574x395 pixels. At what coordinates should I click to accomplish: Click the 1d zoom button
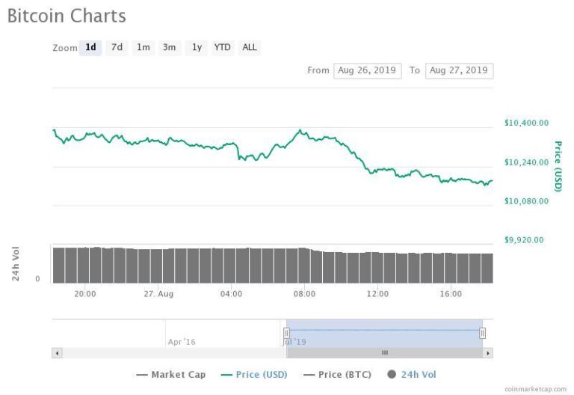tap(90, 48)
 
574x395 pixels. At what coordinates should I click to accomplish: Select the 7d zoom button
tap(117, 48)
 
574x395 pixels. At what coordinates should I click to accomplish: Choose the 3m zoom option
tap(170, 48)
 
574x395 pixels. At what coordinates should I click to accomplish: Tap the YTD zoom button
tap(223, 48)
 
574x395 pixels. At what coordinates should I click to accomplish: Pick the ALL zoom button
tap(250, 48)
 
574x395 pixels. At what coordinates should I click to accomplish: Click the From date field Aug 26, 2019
tap(367, 70)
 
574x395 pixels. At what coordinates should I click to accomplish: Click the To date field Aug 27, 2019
tap(459, 70)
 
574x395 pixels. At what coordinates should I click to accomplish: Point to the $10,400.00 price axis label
tap(526, 123)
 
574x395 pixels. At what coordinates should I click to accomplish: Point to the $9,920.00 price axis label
tap(524, 240)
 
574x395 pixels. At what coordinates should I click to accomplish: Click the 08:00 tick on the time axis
tap(304, 294)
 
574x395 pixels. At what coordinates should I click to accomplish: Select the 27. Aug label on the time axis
tap(158, 294)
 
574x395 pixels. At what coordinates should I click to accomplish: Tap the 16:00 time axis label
tap(451, 294)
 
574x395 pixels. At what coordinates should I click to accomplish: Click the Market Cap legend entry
tap(171, 375)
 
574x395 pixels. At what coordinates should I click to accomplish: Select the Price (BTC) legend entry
tap(338, 375)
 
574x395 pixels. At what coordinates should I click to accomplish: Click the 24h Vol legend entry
tap(412, 375)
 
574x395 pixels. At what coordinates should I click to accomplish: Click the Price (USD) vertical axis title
tap(558, 166)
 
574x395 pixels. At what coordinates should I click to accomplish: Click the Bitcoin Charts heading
tap(67, 16)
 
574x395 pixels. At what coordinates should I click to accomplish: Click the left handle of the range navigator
tap(287, 333)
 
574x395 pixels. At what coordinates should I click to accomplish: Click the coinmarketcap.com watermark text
tap(535, 389)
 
